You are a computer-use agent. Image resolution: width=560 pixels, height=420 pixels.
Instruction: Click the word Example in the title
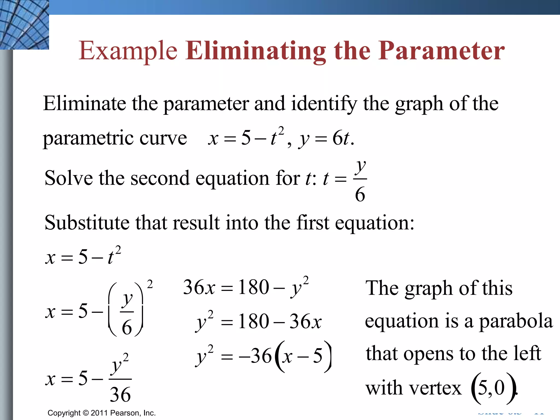pos(128,51)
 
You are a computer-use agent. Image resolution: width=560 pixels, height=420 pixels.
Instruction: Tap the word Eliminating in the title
pos(256,51)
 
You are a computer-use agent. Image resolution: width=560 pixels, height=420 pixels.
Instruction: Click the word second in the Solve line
pos(160,178)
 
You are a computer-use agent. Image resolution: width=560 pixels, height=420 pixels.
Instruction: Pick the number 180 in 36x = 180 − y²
pos(253,287)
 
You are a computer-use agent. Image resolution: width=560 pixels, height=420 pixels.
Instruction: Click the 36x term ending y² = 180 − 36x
pos(305,322)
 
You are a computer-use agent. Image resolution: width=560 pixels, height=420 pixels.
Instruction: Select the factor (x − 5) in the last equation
pos(303,356)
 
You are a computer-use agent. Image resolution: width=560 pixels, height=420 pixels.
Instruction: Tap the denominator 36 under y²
pos(120,395)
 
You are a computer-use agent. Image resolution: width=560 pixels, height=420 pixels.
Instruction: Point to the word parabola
pos(516,321)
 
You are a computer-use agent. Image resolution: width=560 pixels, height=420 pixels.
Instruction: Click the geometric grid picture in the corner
pos(24,25)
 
